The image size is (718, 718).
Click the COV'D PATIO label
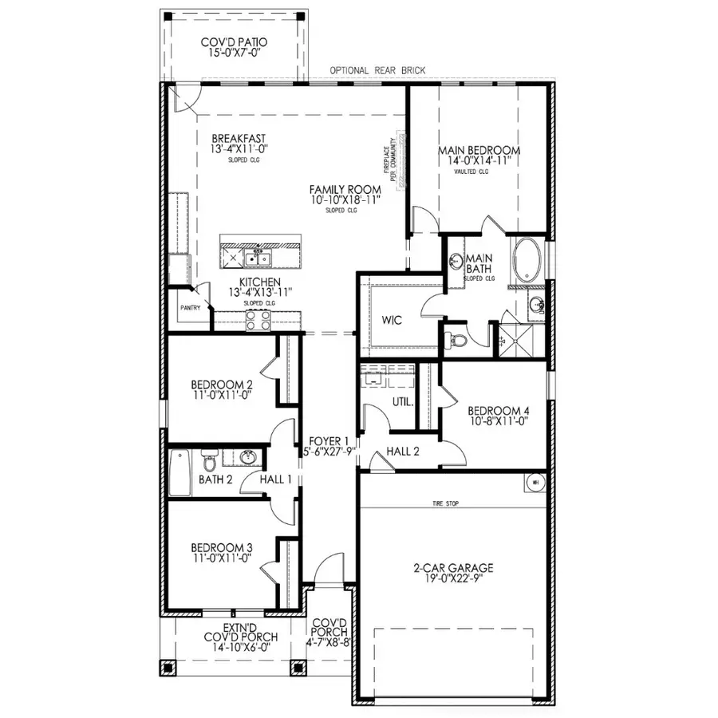pos(234,42)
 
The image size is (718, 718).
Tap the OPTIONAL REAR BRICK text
pos(377,71)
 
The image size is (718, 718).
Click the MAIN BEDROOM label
pos(479,150)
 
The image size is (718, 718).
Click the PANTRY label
pos(190,307)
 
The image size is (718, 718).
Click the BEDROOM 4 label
pos(499,412)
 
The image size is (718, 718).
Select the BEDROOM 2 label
pos(221,385)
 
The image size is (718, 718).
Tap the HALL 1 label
pos(277,479)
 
